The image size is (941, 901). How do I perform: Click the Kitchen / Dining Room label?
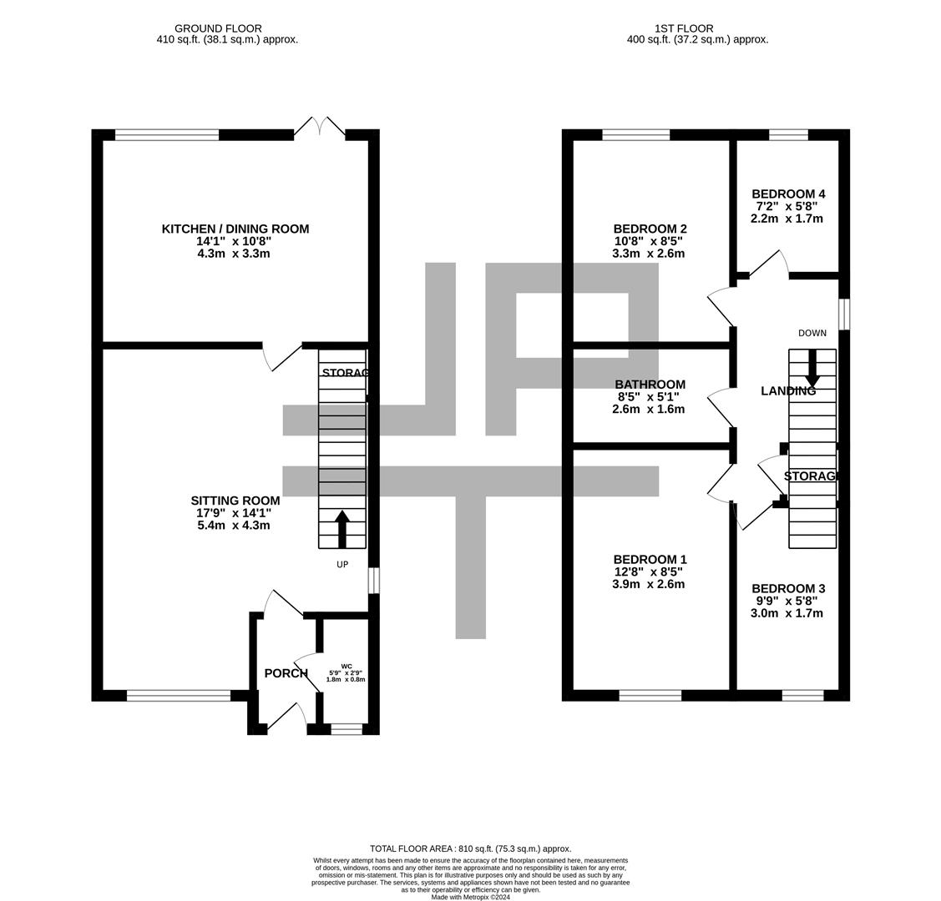click(x=235, y=229)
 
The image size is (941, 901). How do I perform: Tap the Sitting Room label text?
click(x=235, y=501)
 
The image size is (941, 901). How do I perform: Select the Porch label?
click(x=286, y=673)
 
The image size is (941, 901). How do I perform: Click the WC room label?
click(x=346, y=666)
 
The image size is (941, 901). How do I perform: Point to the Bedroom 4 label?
click(x=787, y=194)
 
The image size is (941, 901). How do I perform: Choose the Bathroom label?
click(x=650, y=385)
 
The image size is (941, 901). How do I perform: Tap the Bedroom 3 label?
click(x=787, y=588)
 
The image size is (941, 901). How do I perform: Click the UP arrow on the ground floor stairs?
click(x=342, y=529)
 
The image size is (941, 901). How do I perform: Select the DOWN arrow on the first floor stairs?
click(x=812, y=369)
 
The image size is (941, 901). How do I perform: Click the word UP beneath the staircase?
click(x=342, y=565)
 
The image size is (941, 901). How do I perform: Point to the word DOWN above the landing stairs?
click(x=812, y=333)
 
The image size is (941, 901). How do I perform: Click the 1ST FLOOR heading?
click(x=697, y=28)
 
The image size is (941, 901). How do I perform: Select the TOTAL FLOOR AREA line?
click(x=470, y=848)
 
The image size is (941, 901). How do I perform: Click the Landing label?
click(x=787, y=391)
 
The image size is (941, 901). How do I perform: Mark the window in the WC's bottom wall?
click(x=347, y=729)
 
